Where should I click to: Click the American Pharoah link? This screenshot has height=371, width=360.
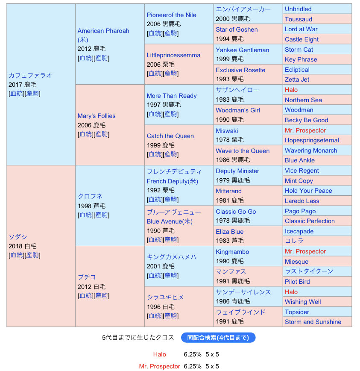pos(103,31)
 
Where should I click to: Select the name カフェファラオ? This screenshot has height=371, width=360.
pos(30,75)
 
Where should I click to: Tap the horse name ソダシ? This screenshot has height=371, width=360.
pos(18,237)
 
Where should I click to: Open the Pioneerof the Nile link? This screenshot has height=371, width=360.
pos(171,15)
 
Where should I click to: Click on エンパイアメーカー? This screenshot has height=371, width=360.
pos(243,9)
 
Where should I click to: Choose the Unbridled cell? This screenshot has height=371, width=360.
pos(298,9)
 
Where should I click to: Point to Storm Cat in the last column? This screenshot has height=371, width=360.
pos(299,50)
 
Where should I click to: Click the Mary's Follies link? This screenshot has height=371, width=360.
pos(97,116)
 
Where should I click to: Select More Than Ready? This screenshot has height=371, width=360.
pos(171,96)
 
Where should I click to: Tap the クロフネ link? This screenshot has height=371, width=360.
pos(90,196)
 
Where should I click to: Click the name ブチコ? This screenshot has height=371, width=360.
pos(87,277)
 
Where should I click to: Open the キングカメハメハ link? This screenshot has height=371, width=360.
pos(172,257)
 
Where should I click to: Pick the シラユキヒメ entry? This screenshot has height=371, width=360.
pos(165,297)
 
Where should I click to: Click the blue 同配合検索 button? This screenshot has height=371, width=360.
pos(218,338)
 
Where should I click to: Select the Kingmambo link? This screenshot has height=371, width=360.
pos(232,252)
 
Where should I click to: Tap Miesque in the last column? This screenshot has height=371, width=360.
pos(296,262)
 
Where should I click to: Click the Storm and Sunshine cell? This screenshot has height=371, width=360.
pos(313,322)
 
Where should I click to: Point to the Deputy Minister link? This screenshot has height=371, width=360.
pos(237,171)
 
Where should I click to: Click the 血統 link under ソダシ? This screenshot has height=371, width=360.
pos(17,255)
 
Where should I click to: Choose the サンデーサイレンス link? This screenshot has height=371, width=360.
pos(243,292)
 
